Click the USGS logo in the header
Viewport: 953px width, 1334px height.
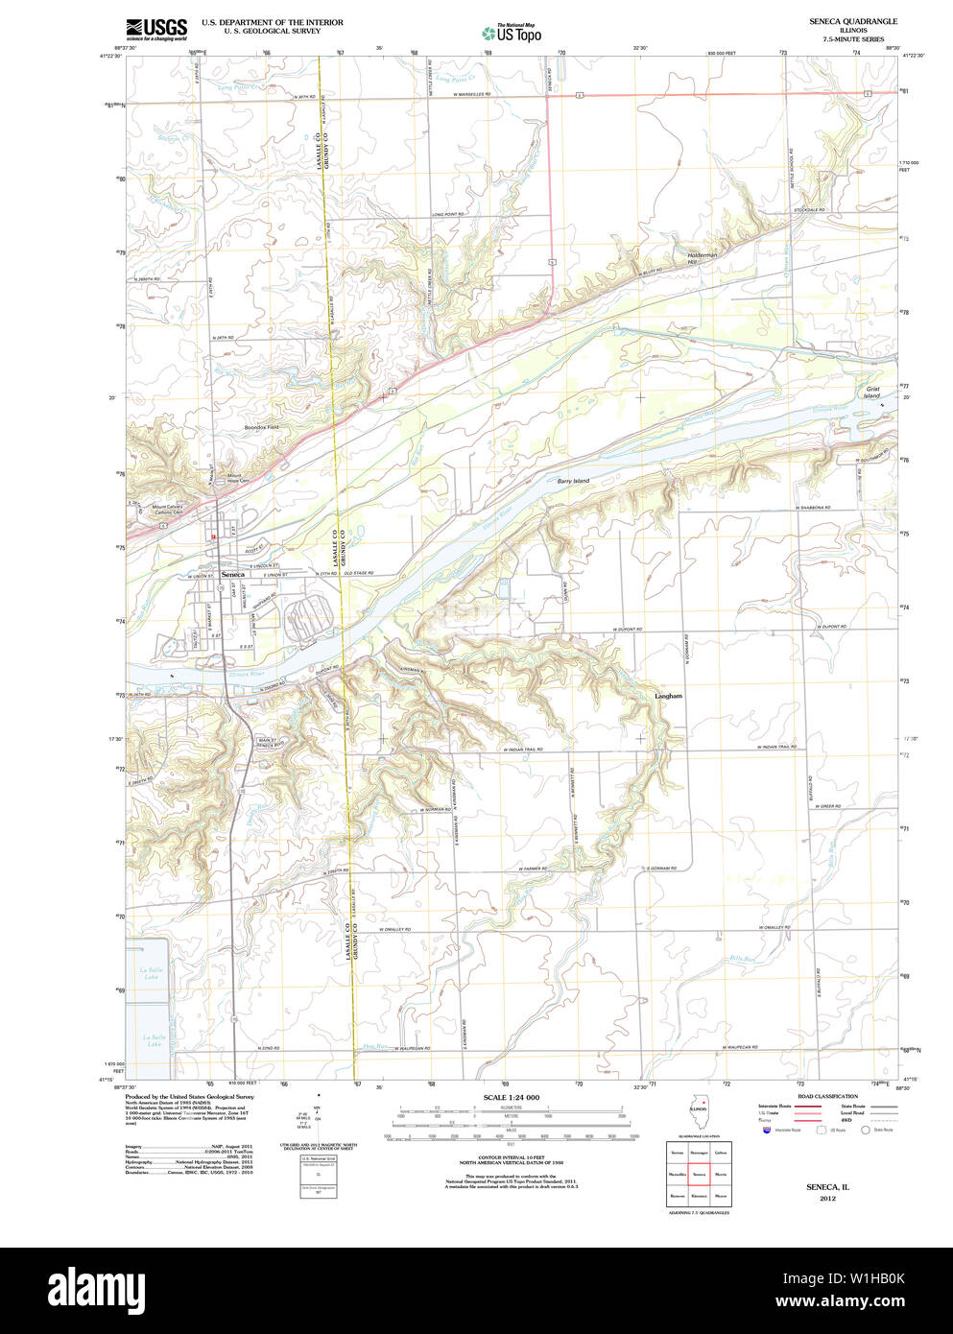(x=155, y=28)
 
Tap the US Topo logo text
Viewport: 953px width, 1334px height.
(x=518, y=36)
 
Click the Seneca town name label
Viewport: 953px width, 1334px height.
(x=232, y=574)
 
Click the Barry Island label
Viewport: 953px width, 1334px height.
(x=573, y=480)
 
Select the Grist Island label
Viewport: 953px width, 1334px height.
(x=871, y=392)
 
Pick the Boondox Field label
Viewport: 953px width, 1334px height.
(x=261, y=427)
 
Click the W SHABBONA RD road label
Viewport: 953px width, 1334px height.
(x=812, y=508)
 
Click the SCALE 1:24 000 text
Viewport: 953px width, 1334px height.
(x=511, y=1097)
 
